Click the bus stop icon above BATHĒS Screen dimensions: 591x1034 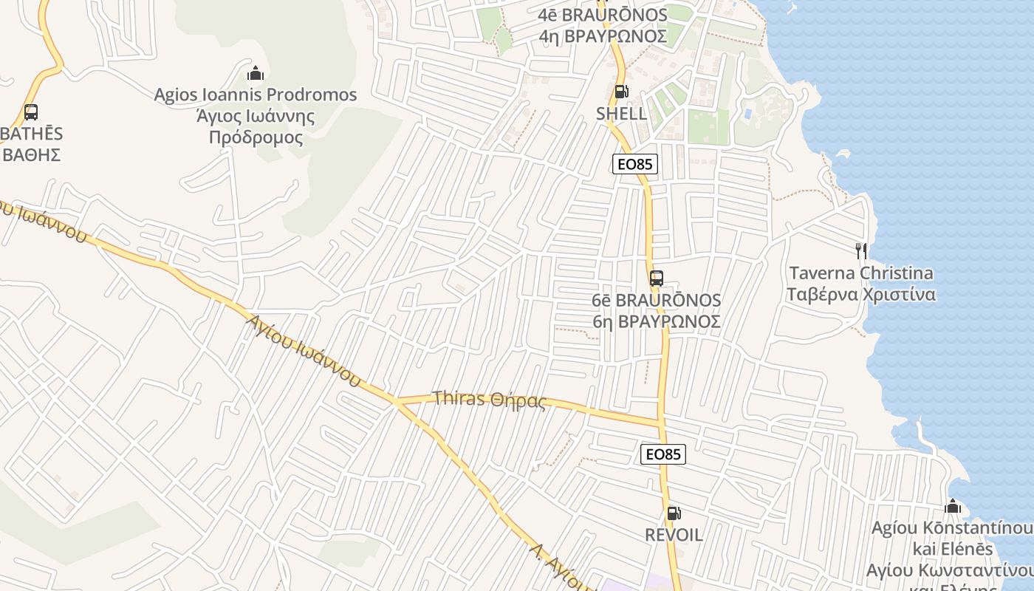[30, 112]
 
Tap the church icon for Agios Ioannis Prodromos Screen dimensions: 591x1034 [256, 73]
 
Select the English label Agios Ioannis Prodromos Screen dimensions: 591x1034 [255, 95]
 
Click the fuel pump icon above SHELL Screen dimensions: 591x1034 [621, 92]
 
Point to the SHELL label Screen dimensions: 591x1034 [621, 114]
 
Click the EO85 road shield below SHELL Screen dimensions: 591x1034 [635, 164]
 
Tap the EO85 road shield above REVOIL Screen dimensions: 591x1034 [663, 454]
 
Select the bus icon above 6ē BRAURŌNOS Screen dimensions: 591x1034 [656, 279]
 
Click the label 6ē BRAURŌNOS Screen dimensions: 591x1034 [656, 301]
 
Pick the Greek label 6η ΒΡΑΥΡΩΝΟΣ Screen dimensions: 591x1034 [656, 322]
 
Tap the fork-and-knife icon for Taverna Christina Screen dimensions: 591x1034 [860, 251]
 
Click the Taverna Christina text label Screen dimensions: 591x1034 [860, 273]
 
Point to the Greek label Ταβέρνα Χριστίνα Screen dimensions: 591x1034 [860, 295]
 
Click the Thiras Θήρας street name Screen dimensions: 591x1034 [490, 400]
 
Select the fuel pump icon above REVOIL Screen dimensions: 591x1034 [674, 513]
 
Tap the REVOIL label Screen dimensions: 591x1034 [674, 535]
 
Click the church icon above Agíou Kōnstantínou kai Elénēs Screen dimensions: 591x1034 [953, 506]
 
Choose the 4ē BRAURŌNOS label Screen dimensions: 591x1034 [603, 15]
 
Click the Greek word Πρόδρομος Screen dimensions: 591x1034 [256, 137]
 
